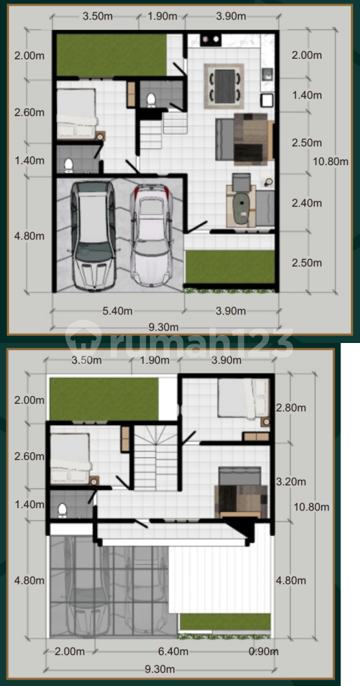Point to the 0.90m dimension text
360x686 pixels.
(263, 652)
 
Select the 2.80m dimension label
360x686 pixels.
(291, 407)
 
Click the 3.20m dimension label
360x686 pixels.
(291, 482)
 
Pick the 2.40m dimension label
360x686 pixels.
(307, 203)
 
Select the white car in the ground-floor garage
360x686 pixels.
(152, 235)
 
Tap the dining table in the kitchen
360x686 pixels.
(224, 85)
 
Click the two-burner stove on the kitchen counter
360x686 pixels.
(211, 41)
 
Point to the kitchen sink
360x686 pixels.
(267, 76)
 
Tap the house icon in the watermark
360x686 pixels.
(83, 339)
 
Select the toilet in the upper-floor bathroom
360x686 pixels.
(62, 510)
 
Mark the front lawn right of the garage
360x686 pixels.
(230, 267)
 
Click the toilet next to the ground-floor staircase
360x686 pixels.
(151, 99)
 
